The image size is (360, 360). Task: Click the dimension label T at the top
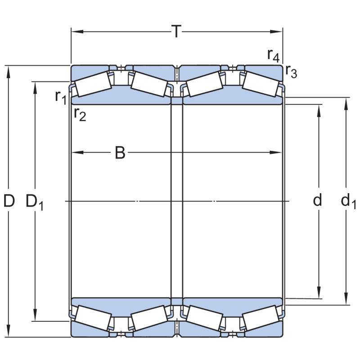(x=177, y=31)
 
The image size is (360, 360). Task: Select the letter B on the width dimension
(x=120, y=153)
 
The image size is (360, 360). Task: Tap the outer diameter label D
(x=9, y=201)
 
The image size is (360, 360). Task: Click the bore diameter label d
(x=318, y=201)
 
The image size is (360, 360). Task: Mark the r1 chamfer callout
(x=61, y=96)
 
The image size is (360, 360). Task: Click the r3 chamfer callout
(x=291, y=72)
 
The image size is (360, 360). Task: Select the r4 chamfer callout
(x=274, y=55)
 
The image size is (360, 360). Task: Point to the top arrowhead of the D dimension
(x=9, y=70)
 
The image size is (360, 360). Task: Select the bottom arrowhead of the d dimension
(x=319, y=293)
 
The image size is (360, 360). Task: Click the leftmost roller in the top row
(x=94, y=85)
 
